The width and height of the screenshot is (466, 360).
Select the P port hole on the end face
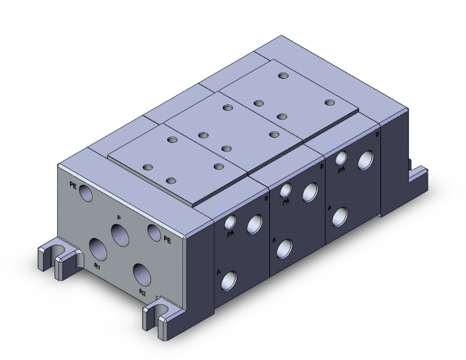pos(120,234)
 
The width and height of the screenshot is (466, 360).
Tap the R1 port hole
pos(98,248)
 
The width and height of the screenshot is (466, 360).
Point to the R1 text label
pos(97,266)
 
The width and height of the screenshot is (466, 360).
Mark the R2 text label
pos(142,292)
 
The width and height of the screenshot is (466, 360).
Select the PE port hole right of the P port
pos(154,232)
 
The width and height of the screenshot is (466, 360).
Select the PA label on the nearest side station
pos(230,234)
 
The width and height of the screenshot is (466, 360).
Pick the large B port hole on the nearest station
pos(254,224)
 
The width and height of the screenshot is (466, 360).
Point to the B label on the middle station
pos(321,167)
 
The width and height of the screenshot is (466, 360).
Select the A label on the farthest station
pos(330,206)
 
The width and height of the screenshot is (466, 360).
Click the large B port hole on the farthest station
pos(365,161)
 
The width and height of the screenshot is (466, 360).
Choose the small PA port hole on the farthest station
pos(341,158)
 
